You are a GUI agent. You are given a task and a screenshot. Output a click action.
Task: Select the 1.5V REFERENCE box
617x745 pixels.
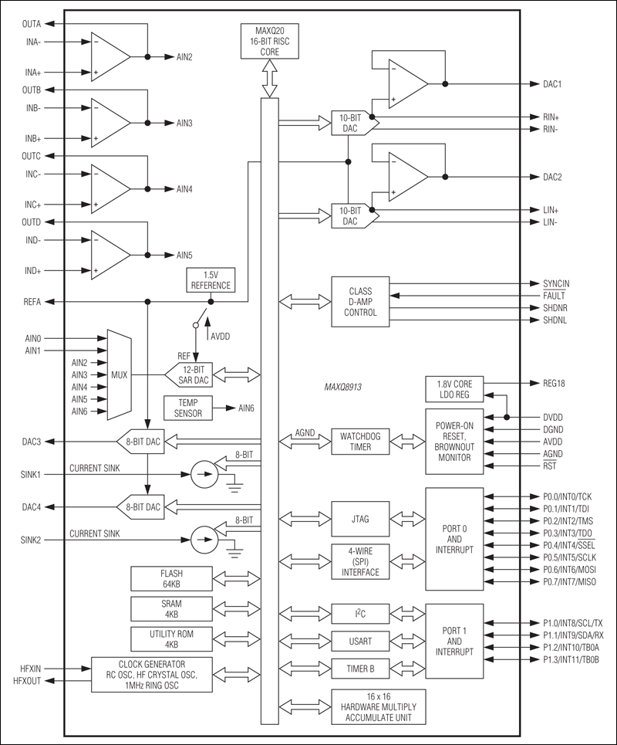211,280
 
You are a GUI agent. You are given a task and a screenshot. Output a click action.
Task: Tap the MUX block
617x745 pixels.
120,374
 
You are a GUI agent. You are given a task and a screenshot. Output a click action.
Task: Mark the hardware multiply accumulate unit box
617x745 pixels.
378,707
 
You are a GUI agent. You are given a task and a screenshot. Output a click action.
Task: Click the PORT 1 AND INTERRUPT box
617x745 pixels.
454,641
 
